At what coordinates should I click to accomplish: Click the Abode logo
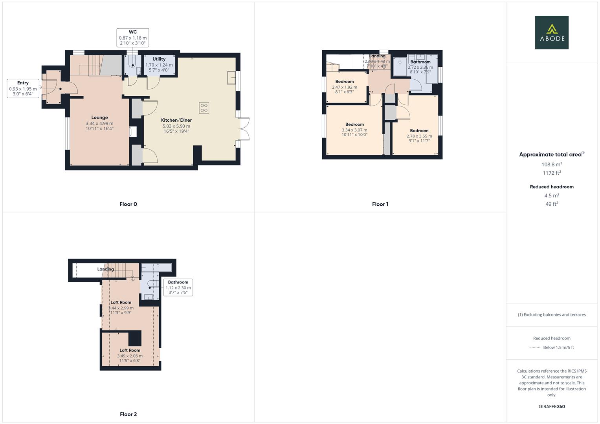551,33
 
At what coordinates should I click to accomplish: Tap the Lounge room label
99,117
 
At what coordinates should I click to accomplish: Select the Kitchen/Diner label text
176,120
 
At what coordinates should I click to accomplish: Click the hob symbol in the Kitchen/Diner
204,108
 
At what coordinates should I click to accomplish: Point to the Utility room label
159,59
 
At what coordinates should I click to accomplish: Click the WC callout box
133,38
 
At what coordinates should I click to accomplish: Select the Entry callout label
23,88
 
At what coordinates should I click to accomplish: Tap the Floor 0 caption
128,204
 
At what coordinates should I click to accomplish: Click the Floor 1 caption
380,204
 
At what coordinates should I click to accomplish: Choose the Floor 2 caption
128,414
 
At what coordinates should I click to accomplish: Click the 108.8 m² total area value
552,164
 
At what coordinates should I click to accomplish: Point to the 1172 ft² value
552,173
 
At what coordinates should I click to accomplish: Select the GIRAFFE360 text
552,406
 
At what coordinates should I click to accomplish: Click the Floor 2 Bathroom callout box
178,287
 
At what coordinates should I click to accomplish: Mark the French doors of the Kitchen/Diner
245,129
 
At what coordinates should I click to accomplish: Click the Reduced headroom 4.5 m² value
552,196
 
